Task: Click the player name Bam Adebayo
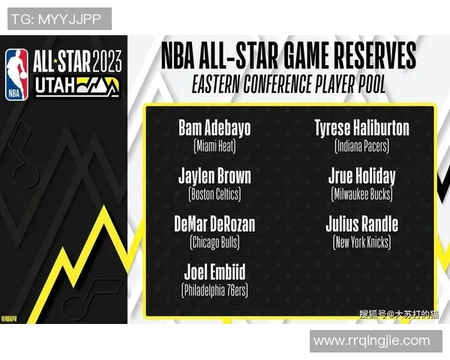pos(214,127)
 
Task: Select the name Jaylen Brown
pos(214,176)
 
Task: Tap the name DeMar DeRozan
pos(214,223)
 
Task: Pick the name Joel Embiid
pos(214,271)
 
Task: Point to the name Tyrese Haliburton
pos(361,127)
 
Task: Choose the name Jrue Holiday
pos(361,176)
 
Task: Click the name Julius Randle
pos(361,223)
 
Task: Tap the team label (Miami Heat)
pos(214,145)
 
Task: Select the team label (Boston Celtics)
pos(214,194)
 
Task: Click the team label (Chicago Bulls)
pos(214,242)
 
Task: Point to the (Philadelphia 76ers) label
pos(214,289)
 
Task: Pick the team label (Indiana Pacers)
pos(361,145)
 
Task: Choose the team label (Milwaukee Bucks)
pos(361,194)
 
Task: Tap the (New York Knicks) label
pos(361,242)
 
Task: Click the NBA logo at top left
pos(16,74)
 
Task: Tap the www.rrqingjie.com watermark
pos(372,341)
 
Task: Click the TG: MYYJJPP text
pos(58,19)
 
